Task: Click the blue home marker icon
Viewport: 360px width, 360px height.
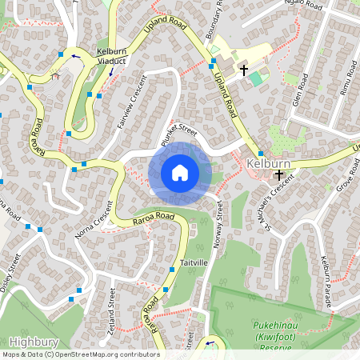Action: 180,173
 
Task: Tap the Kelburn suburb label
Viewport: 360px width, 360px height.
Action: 268,163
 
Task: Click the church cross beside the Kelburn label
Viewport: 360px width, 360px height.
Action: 278,174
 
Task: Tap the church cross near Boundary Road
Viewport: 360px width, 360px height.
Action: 243,70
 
